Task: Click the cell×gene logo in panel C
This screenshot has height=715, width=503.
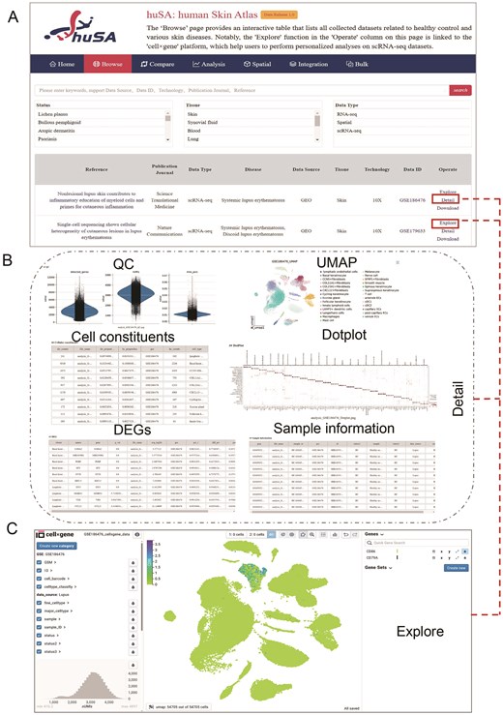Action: click(x=58, y=534)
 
